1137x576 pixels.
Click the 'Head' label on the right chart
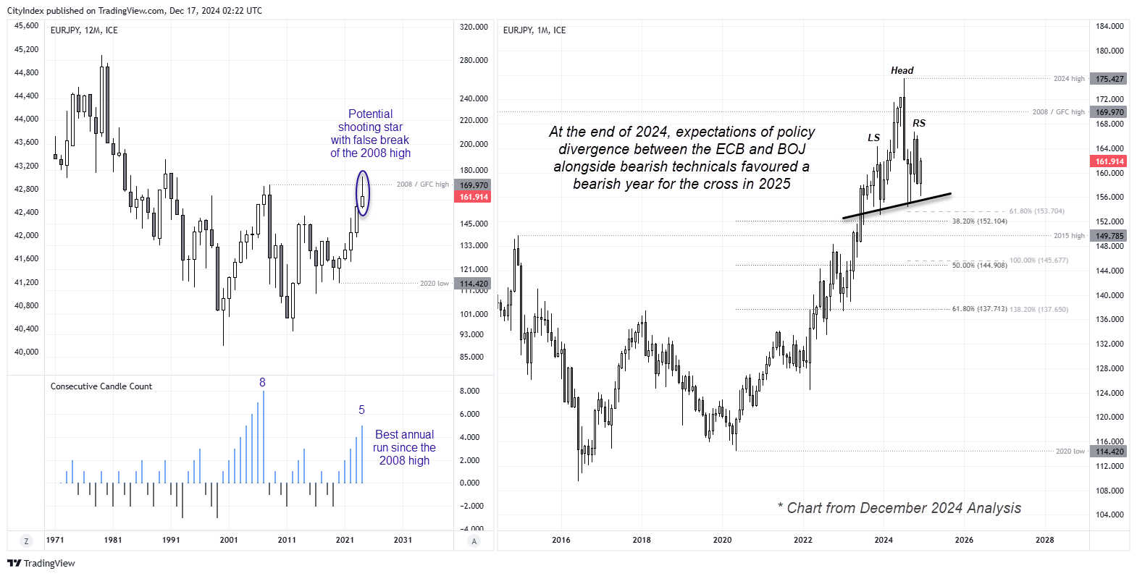pos(902,70)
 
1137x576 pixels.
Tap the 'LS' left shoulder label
pos(873,137)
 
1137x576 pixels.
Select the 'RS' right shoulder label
pos(918,123)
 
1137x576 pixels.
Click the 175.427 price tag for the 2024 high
pos(1109,79)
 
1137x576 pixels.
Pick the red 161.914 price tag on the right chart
pos(1109,161)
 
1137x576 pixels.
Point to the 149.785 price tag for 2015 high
pos(1109,236)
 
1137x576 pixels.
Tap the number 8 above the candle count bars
pos(262,382)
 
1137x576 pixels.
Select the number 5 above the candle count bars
pos(361,410)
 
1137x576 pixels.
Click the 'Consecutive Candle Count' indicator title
pos(101,386)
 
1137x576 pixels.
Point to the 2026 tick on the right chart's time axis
pos(964,540)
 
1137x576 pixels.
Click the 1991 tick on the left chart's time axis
pos(171,540)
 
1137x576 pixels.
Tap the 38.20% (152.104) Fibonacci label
pos(979,221)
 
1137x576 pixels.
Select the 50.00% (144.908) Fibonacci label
pos(979,266)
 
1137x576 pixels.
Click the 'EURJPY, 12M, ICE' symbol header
pos(84,30)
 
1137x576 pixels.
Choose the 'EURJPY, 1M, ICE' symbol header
pos(534,30)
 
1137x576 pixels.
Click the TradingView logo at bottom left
pos(41,563)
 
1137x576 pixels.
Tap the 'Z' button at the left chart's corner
pos(27,541)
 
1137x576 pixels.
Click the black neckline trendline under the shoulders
pos(898,206)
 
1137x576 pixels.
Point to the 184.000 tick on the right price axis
pos(1109,26)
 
